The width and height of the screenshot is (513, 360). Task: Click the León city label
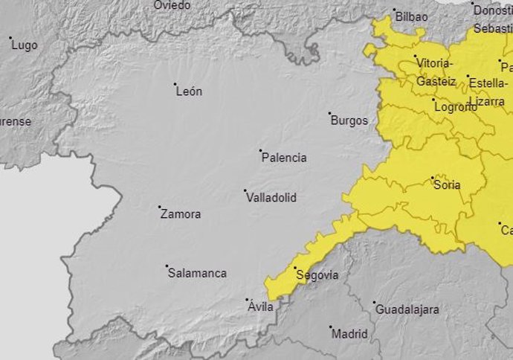189,92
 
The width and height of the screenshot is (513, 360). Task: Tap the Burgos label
349,120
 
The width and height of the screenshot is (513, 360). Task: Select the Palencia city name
284,158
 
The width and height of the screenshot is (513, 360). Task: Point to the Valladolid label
271,198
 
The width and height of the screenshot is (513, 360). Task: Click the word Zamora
181,214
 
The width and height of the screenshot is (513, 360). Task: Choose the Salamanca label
197,273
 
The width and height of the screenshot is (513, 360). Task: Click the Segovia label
317,275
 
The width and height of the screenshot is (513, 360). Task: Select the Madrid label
349,334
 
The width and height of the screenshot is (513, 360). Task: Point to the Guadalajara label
407,309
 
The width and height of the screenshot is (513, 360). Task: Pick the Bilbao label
412,16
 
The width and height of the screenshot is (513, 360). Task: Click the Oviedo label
172,5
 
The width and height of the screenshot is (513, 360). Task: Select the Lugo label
25,45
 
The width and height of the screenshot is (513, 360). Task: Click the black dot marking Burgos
330,114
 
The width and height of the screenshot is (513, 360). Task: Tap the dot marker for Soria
433,178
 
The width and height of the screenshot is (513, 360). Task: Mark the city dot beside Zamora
160,207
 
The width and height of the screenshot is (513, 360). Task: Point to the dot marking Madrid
331,327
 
